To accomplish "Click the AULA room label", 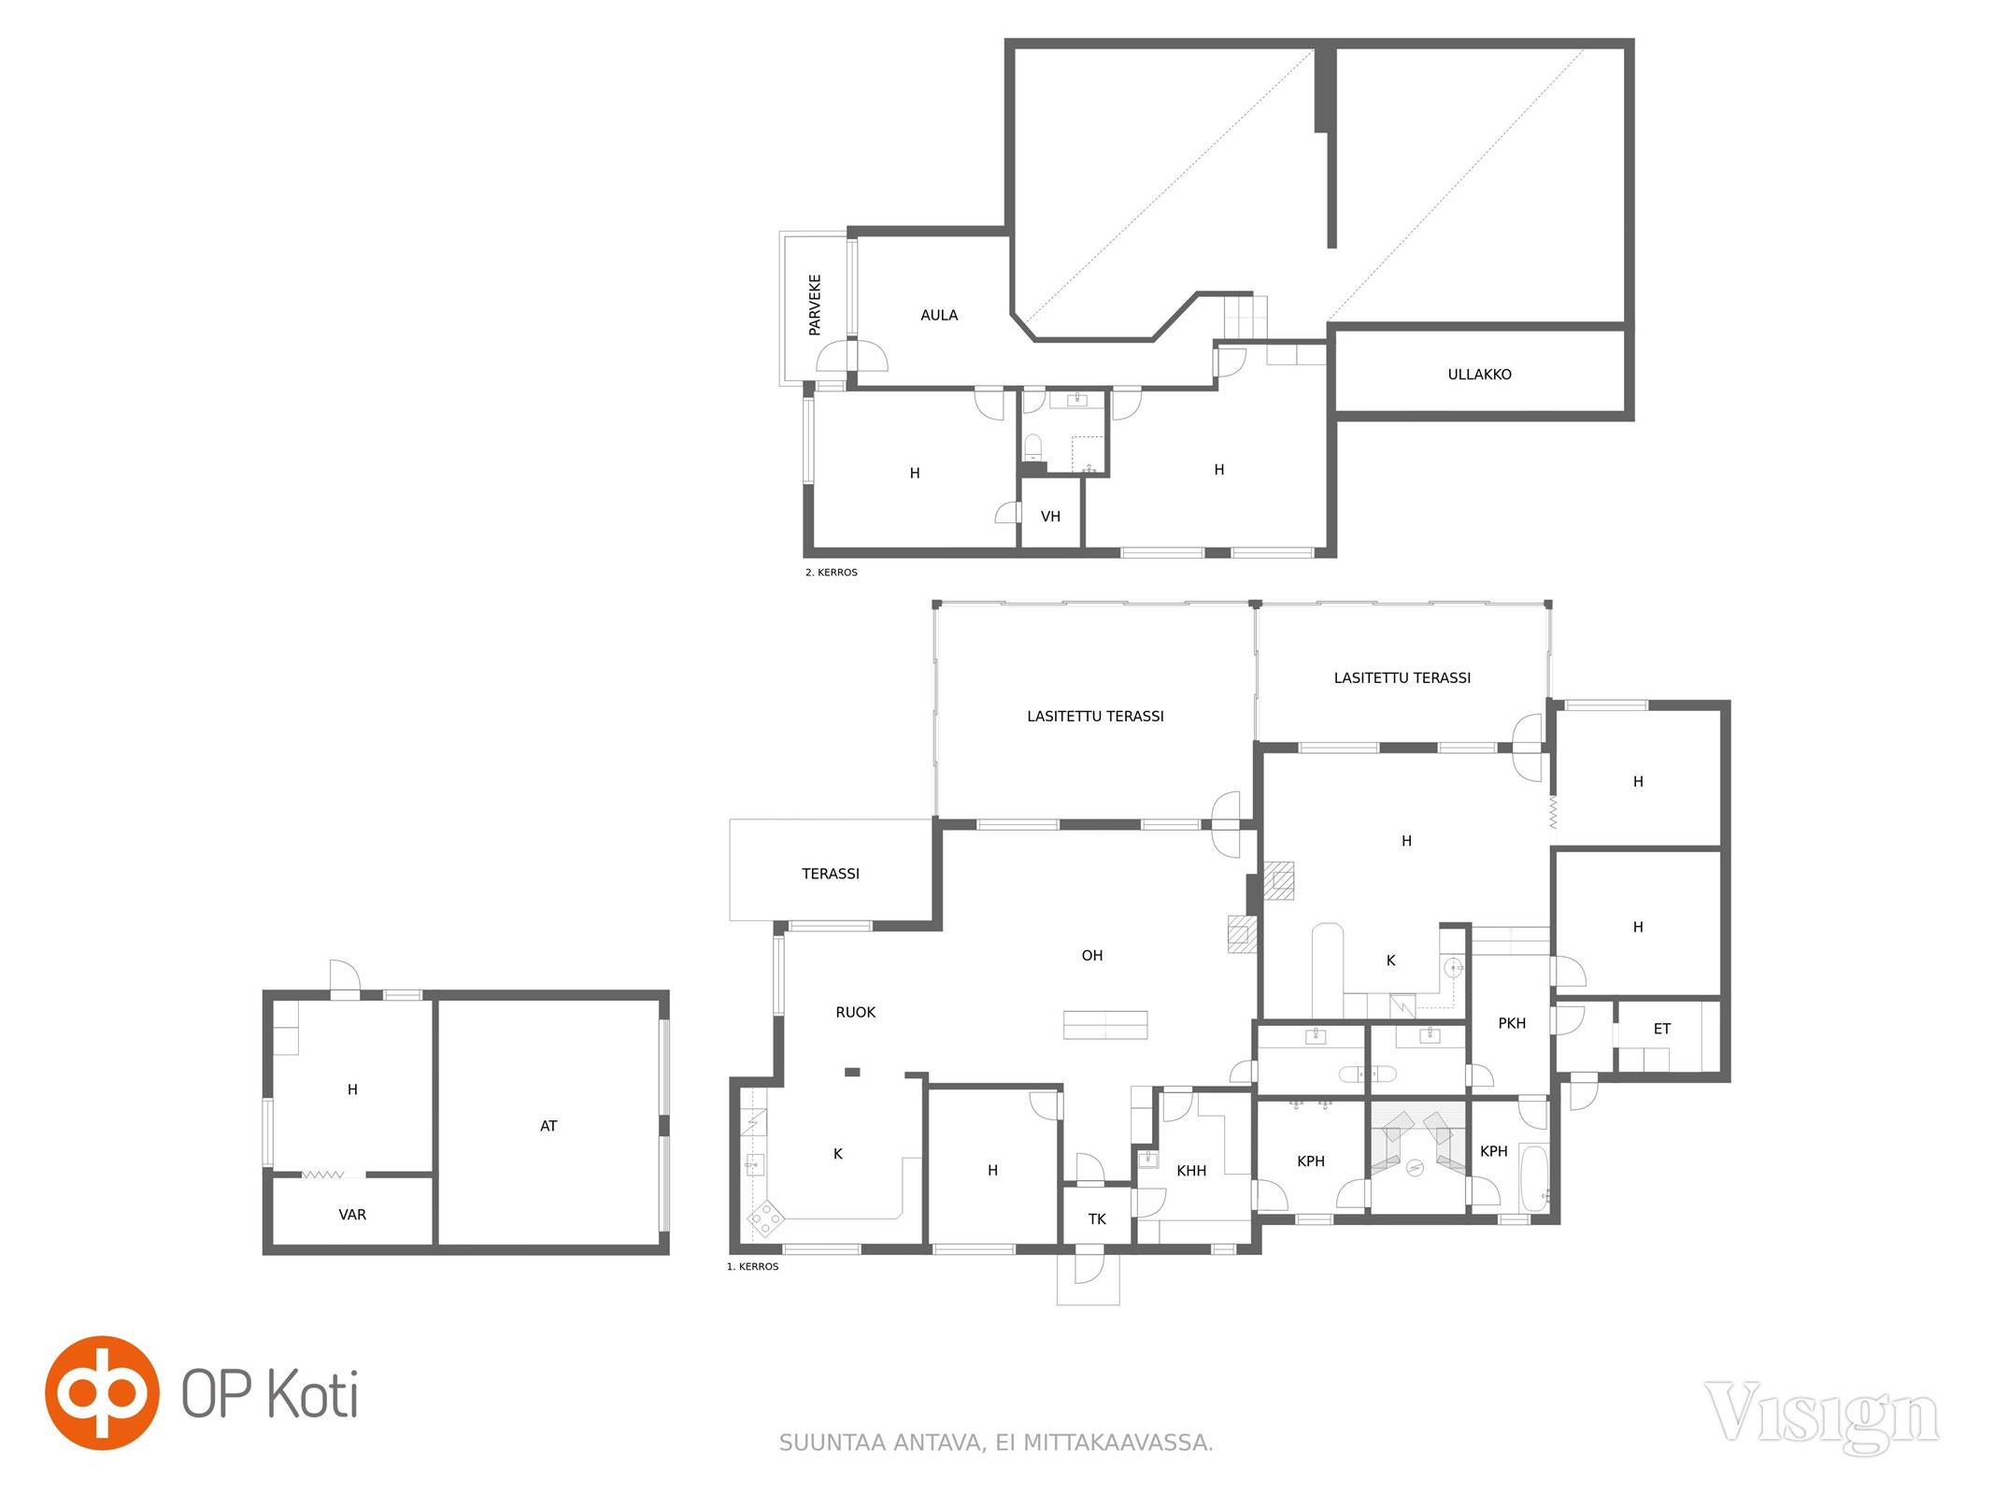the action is point(939,316).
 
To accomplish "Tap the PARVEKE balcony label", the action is point(815,305).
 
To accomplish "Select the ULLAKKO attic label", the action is point(1479,375).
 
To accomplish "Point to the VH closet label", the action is point(1050,517).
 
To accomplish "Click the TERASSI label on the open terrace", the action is point(830,874).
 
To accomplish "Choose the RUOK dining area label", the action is point(855,1012).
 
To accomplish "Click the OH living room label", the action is point(1091,955).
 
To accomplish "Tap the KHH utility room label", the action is point(1191,1171).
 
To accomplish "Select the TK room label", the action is point(1097,1219).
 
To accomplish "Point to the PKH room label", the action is point(1512,1023).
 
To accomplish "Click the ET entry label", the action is point(1661,1029).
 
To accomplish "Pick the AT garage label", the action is point(548,1126).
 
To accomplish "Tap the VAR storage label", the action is point(352,1215).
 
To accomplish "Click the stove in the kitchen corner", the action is point(765,1217).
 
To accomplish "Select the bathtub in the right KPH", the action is point(1534,1176).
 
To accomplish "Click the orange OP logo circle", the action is point(102,1392).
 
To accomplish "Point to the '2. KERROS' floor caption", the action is point(831,572).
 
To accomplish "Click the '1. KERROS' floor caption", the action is point(752,1266).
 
